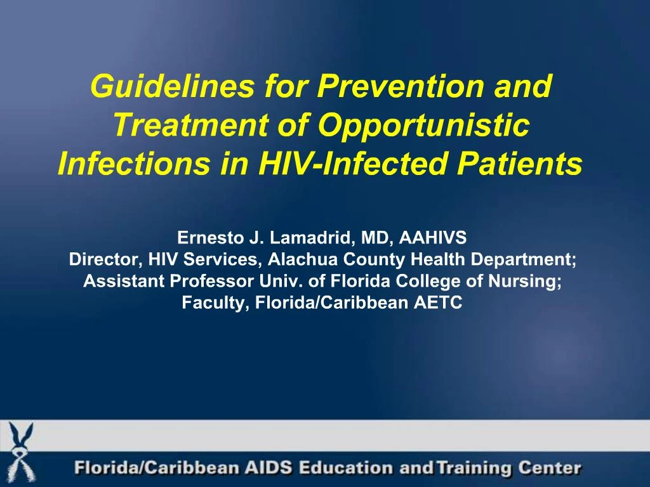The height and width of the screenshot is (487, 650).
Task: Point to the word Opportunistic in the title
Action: pos(423,126)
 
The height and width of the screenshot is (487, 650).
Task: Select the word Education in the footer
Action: pos(345,469)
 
